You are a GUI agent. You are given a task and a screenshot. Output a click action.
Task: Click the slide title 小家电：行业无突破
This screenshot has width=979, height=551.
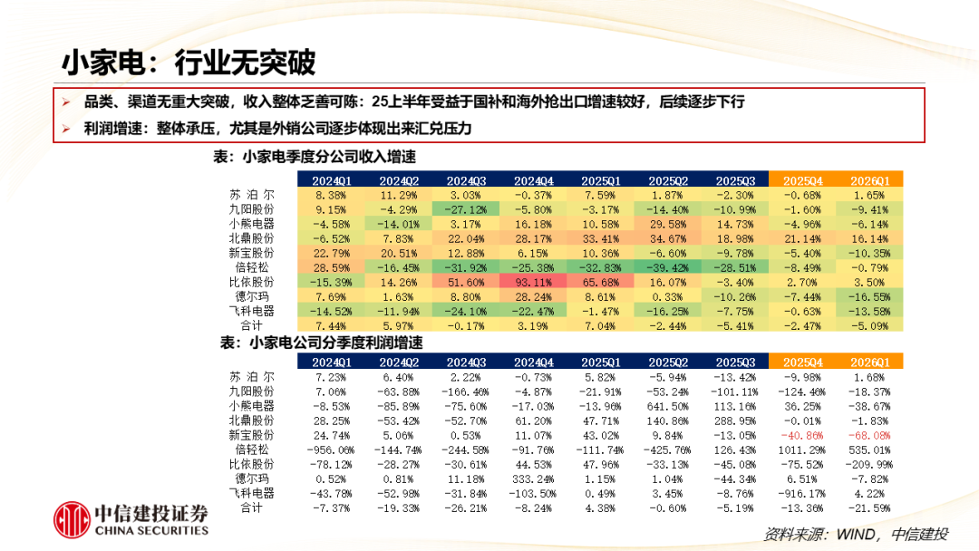(x=189, y=63)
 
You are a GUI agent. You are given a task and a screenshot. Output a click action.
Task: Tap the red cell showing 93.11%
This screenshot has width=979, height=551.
(x=533, y=282)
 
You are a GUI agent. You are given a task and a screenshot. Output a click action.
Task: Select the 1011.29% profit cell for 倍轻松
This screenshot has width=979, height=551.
(x=802, y=449)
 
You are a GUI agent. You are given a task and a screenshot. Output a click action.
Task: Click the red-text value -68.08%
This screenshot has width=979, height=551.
(x=869, y=436)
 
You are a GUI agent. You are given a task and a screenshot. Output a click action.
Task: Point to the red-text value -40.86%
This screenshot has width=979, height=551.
(x=802, y=436)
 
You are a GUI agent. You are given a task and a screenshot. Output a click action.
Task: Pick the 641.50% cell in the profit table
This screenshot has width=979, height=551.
(x=668, y=406)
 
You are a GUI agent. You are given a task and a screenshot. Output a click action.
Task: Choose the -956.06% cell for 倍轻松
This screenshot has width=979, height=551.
(x=331, y=449)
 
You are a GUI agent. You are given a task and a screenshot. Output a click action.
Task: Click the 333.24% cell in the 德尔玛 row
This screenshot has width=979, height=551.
(x=533, y=479)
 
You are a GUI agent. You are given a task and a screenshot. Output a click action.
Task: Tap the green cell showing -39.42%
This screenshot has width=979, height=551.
(x=668, y=267)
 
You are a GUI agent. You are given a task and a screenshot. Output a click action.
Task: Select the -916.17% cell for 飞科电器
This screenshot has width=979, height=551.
(x=802, y=494)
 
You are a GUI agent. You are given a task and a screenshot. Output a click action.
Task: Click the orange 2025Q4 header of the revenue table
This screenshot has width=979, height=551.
(x=802, y=180)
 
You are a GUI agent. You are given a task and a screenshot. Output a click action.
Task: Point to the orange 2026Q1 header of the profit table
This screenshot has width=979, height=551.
(x=869, y=362)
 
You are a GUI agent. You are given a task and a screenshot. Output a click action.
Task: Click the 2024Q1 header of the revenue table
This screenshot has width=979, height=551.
(x=331, y=180)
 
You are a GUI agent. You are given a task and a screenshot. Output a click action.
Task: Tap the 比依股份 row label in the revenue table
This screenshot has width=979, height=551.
(x=251, y=282)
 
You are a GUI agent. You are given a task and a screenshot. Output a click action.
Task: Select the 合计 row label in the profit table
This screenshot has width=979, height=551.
(x=251, y=507)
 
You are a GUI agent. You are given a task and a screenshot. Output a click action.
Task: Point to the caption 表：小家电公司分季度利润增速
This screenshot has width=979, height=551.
(x=322, y=343)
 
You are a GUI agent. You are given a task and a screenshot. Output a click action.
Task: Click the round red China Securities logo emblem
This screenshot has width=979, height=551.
(x=72, y=519)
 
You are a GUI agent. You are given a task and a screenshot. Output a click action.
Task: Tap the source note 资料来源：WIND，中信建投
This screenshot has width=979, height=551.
(x=856, y=534)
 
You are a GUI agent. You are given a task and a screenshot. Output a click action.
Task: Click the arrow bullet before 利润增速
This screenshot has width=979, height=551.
(x=66, y=129)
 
